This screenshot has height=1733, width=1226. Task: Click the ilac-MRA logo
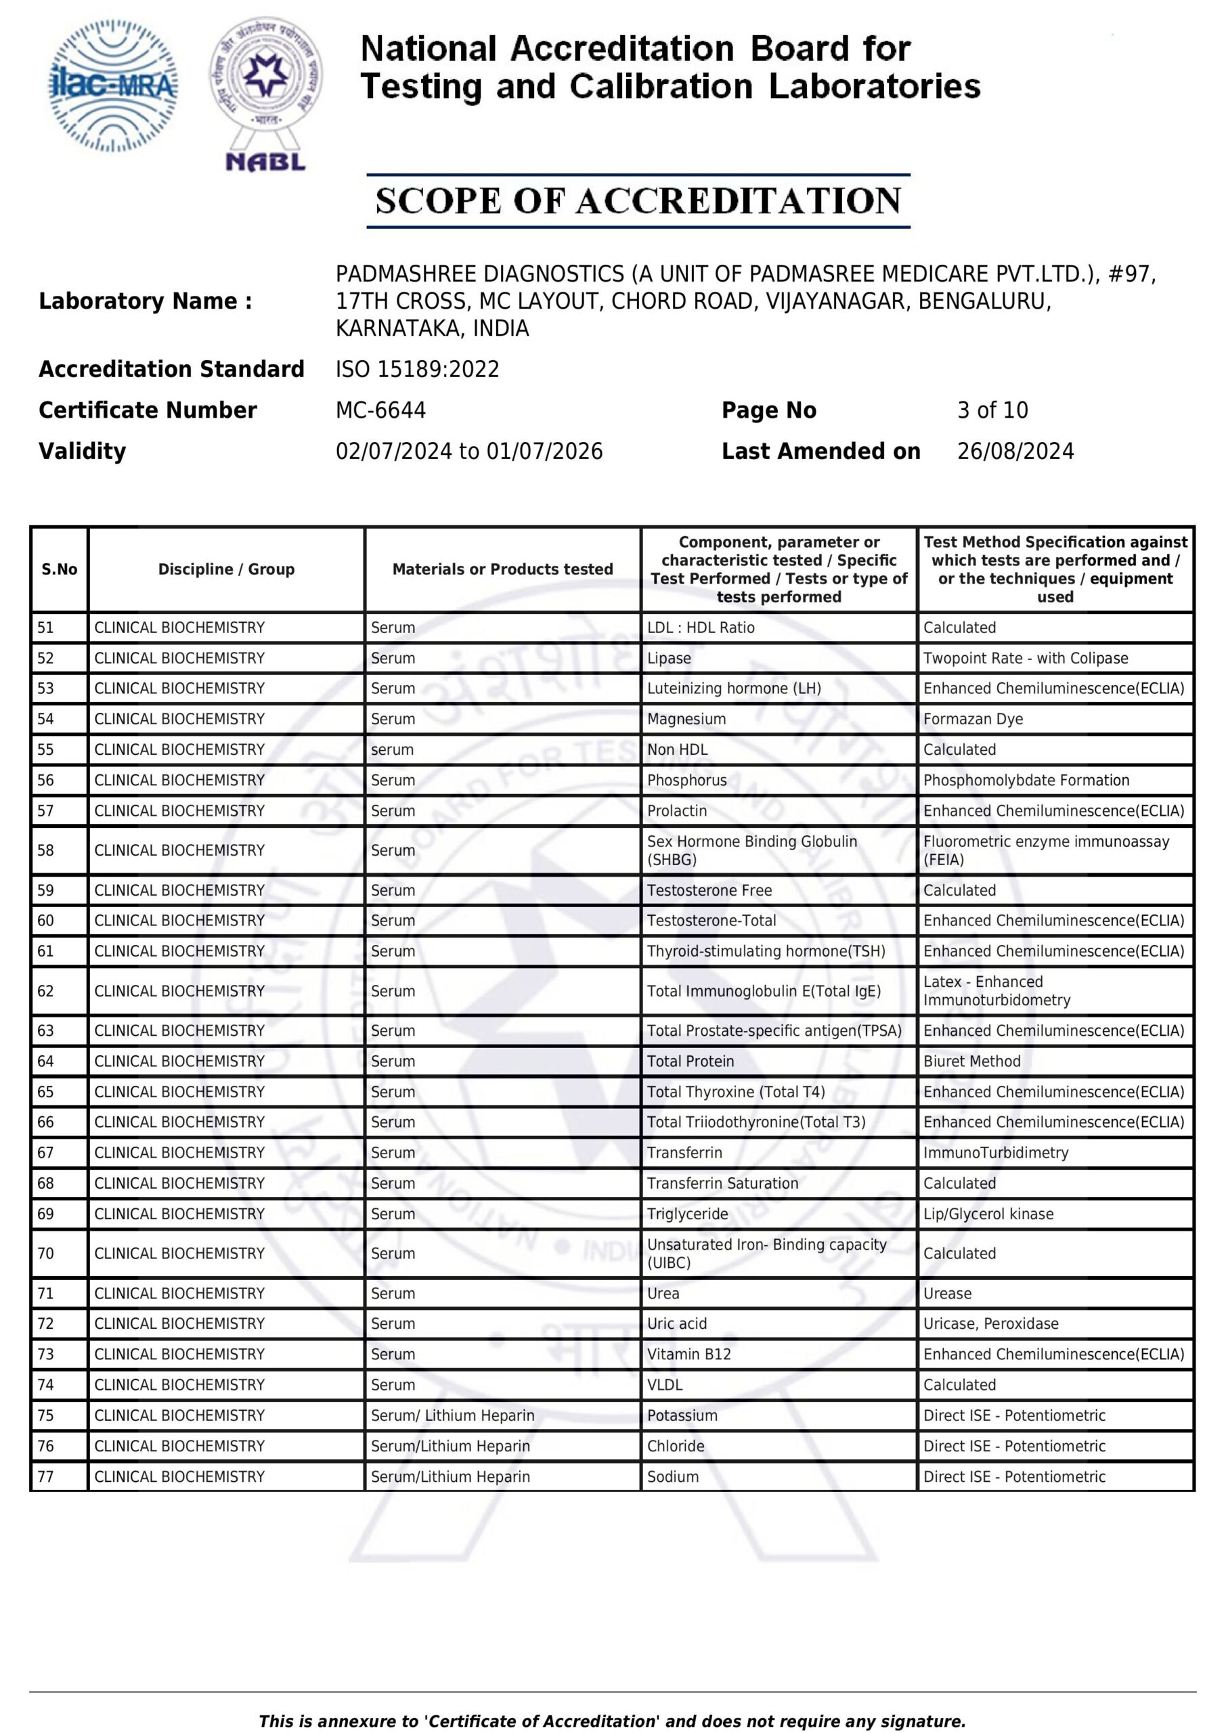click(x=113, y=85)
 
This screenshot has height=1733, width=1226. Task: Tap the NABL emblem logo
click(x=266, y=94)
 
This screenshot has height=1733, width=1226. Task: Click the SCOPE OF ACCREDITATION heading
click(x=638, y=201)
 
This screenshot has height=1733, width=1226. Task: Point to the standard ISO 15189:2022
click(x=418, y=369)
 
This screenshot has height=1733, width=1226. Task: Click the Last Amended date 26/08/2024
click(x=1015, y=452)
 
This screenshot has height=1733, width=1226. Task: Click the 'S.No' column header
click(x=60, y=569)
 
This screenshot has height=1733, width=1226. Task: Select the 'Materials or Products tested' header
click(x=502, y=569)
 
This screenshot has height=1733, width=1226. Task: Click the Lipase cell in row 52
click(x=669, y=658)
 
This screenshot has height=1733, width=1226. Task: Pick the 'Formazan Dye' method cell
click(x=972, y=720)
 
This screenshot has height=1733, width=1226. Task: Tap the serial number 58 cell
click(x=46, y=851)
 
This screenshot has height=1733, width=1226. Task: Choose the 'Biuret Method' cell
click(x=971, y=1061)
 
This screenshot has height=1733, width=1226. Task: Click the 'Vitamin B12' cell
click(x=688, y=1354)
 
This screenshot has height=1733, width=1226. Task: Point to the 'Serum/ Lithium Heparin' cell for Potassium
click(x=452, y=1416)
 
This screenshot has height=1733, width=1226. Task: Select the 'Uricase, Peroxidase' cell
click(x=990, y=1323)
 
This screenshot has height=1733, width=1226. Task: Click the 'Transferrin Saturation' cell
click(x=722, y=1183)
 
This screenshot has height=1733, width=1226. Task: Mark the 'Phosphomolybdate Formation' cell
click(x=1026, y=781)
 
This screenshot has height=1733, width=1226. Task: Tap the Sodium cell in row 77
click(x=673, y=1476)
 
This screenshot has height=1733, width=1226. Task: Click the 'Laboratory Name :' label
click(x=146, y=301)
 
